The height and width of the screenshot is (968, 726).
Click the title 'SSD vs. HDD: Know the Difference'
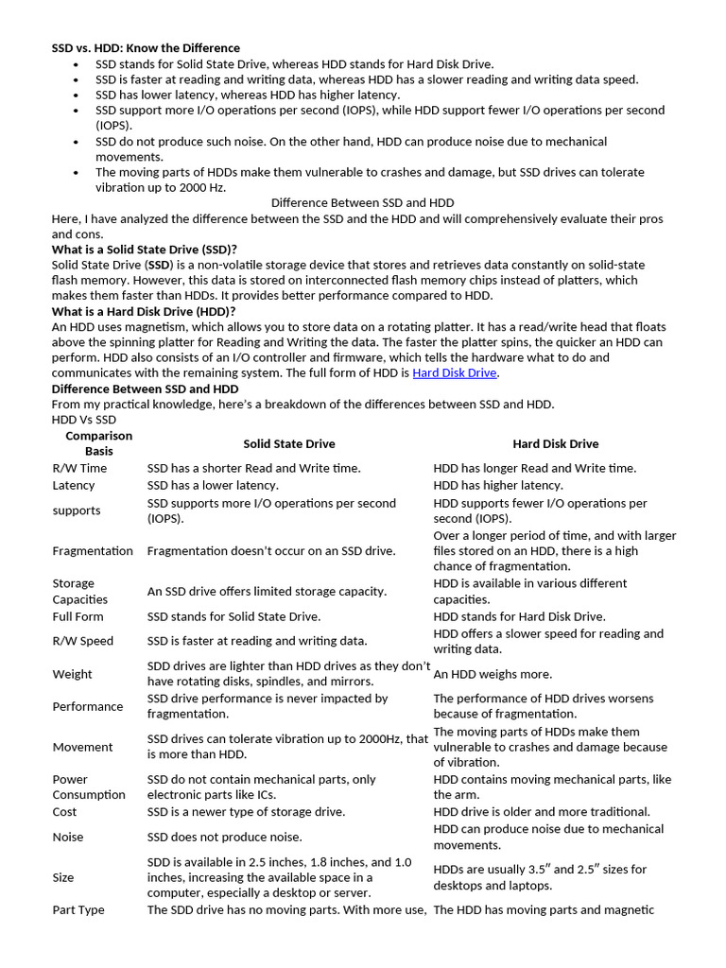(146, 48)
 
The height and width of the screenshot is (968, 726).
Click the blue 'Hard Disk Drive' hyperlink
(454, 373)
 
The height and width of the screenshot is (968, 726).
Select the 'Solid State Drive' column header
(288, 443)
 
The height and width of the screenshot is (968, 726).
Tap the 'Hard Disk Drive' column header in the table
(555, 443)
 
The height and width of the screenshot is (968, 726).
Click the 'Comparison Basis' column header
(98, 443)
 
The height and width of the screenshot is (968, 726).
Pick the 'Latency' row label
(74, 486)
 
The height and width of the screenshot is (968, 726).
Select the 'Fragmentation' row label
(93, 551)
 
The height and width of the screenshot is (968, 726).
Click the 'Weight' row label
(73, 675)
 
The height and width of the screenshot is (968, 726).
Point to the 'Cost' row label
(65, 812)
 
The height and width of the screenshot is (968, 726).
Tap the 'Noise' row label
(68, 838)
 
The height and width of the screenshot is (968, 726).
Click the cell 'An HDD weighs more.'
(493, 675)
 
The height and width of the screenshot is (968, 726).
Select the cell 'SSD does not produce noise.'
(225, 838)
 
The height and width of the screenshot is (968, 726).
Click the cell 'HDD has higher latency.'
(497, 486)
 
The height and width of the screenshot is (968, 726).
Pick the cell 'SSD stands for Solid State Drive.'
(233, 617)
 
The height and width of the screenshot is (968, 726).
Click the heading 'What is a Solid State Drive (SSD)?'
(144, 250)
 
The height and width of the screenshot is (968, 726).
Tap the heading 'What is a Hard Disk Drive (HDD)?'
(144, 312)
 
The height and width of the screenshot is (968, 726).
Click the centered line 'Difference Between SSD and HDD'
(362, 203)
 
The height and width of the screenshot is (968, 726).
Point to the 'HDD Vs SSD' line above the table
(84, 420)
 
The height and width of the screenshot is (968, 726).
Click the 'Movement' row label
(82, 748)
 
